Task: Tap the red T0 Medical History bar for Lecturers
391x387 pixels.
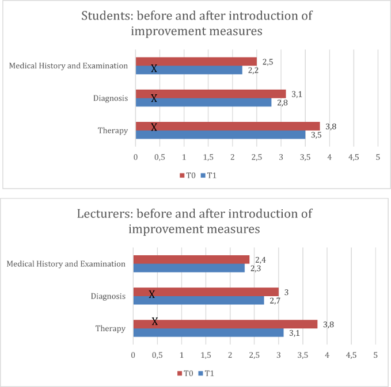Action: click(x=196, y=259)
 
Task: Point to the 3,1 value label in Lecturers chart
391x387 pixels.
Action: click(x=294, y=334)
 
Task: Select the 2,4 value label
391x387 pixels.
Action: click(x=260, y=260)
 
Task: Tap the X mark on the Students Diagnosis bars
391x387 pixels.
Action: click(x=154, y=98)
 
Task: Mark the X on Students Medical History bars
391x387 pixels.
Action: click(x=154, y=68)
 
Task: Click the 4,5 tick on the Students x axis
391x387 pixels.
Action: click(x=353, y=157)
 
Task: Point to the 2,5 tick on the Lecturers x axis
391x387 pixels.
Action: click(x=255, y=355)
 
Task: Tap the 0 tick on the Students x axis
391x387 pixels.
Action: click(x=135, y=157)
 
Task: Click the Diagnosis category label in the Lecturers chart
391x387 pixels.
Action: click(x=108, y=296)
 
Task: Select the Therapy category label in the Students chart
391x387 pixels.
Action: click(x=113, y=131)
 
